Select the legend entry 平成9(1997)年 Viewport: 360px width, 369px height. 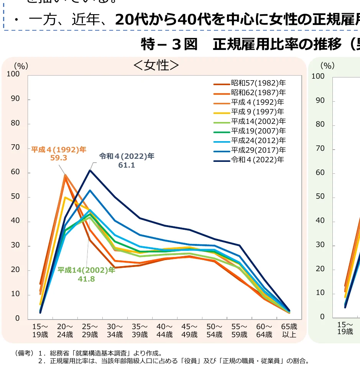(257, 112)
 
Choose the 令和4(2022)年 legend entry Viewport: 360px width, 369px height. (257, 160)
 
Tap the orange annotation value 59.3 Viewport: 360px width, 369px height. (59, 157)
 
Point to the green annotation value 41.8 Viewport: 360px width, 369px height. (86, 278)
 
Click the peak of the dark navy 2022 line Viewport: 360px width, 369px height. (90, 170)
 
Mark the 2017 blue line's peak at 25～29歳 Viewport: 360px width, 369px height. (90, 190)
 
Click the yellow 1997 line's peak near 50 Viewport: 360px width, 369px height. (65, 198)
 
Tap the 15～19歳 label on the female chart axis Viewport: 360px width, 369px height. (40, 331)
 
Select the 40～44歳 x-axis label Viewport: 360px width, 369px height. (164, 331)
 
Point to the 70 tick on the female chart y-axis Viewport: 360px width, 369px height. (16, 148)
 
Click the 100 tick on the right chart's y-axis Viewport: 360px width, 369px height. (318, 76)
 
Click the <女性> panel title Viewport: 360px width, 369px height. (156, 65)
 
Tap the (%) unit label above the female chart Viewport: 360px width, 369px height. (21, 66)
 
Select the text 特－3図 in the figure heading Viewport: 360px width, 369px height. (169, 44)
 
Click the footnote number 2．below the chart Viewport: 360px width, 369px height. (42, 361)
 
